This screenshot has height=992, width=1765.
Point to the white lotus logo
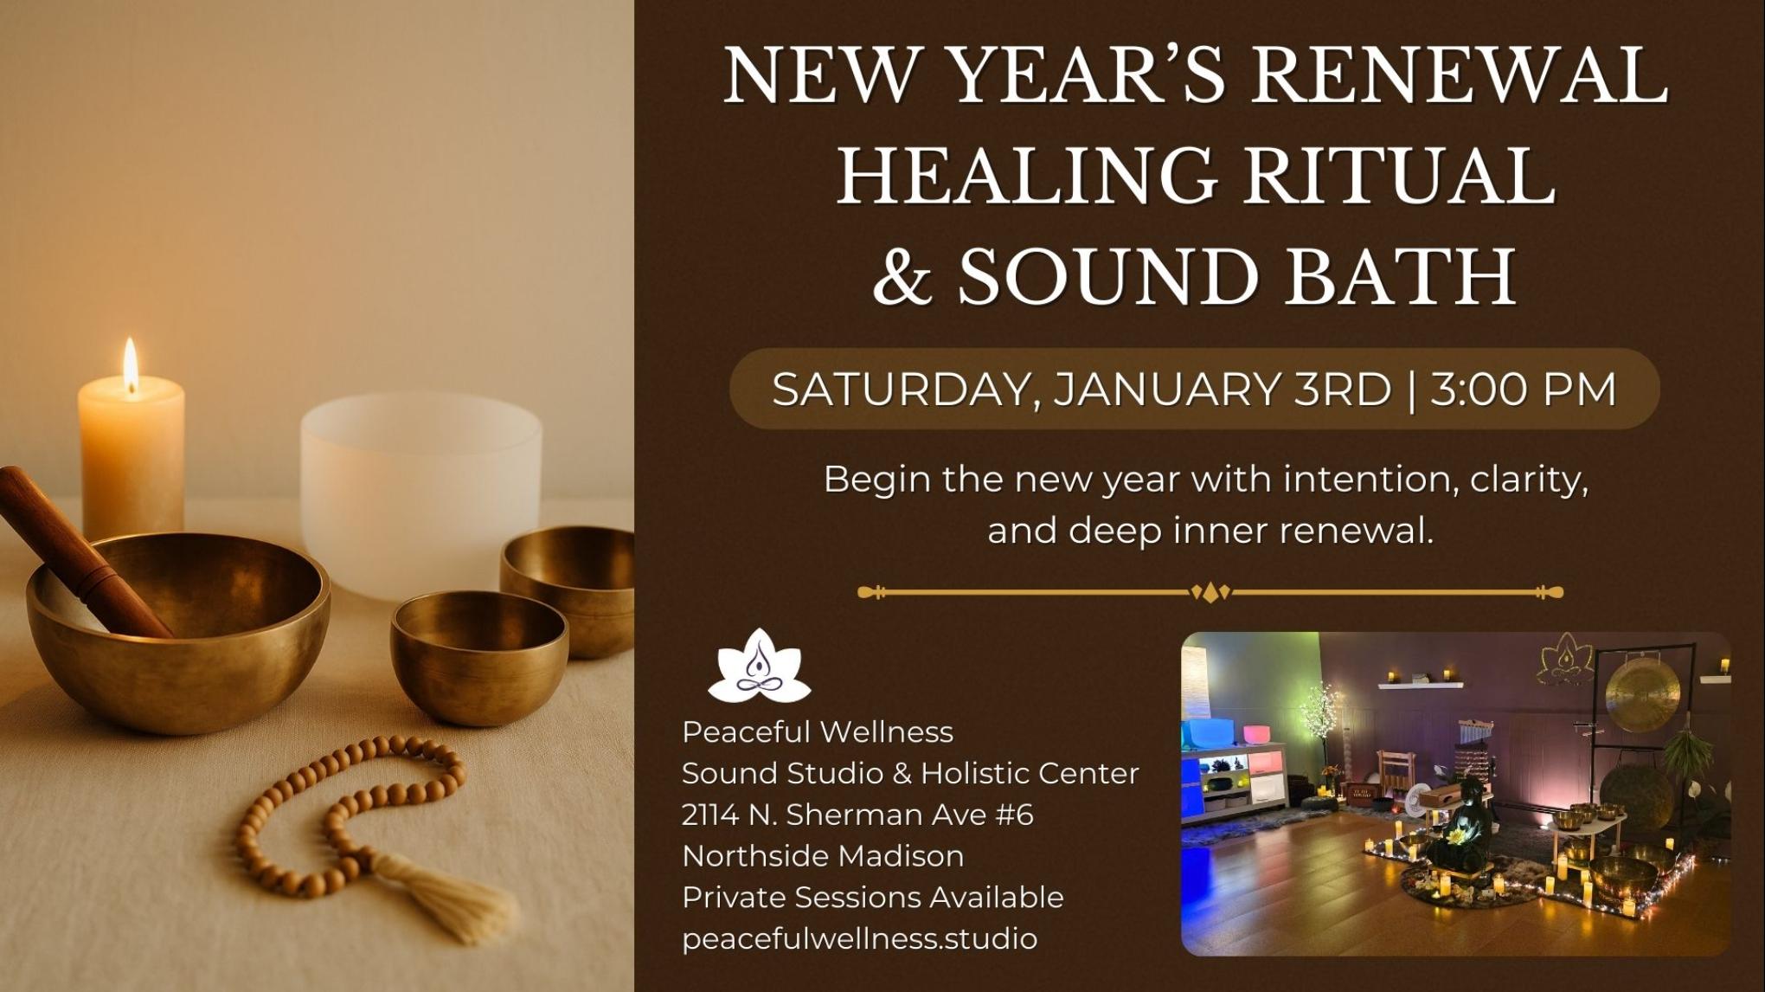[760, 667]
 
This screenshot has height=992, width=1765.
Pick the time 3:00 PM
[1523, 390]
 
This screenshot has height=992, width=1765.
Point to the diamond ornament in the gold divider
[1210, 593]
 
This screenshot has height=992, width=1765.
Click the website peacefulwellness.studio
[859, 938]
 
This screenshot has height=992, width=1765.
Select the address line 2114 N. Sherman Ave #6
[857, 815]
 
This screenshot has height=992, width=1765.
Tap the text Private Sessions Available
[872, 898]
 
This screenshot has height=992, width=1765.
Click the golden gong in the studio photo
[1641, 692]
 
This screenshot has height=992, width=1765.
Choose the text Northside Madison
[823, 856]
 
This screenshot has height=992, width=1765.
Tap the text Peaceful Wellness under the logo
[818, 732]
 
